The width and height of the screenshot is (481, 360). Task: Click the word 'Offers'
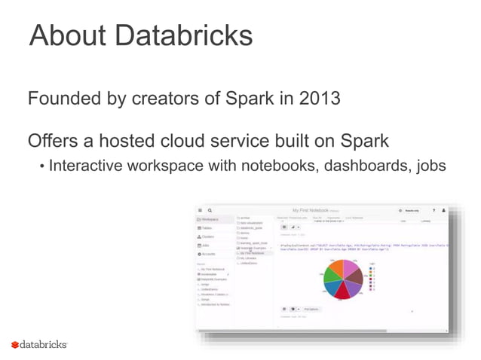[54, 141]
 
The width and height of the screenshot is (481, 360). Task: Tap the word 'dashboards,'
[356, 165]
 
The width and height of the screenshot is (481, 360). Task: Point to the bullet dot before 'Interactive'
[41, 166]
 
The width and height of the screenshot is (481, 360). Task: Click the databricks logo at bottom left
[39, 344]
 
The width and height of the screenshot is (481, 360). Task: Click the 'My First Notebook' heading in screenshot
[314, 210]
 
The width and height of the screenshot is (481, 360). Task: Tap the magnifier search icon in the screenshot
[210, 210]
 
